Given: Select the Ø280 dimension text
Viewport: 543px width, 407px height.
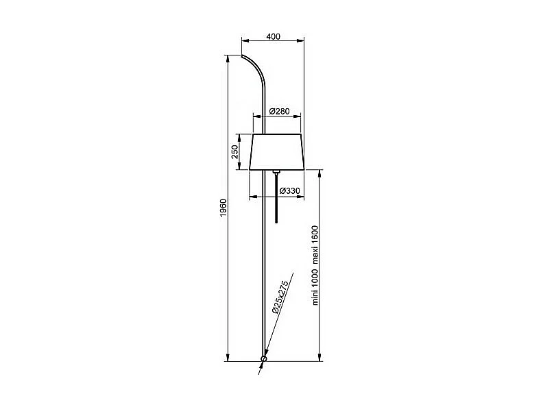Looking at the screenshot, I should coord(278,111).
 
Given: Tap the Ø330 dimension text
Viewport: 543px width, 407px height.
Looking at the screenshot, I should coord(289,190).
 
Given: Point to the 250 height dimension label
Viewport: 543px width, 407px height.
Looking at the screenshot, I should coord(235,152).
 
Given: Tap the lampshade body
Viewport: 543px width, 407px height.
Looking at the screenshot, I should coord(277,151).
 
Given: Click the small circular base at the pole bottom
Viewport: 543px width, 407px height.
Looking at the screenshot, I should coord(264,358).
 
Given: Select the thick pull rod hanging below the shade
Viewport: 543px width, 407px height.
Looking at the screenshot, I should coord(276,200).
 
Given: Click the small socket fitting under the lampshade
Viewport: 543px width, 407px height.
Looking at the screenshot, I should coord(276,171).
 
